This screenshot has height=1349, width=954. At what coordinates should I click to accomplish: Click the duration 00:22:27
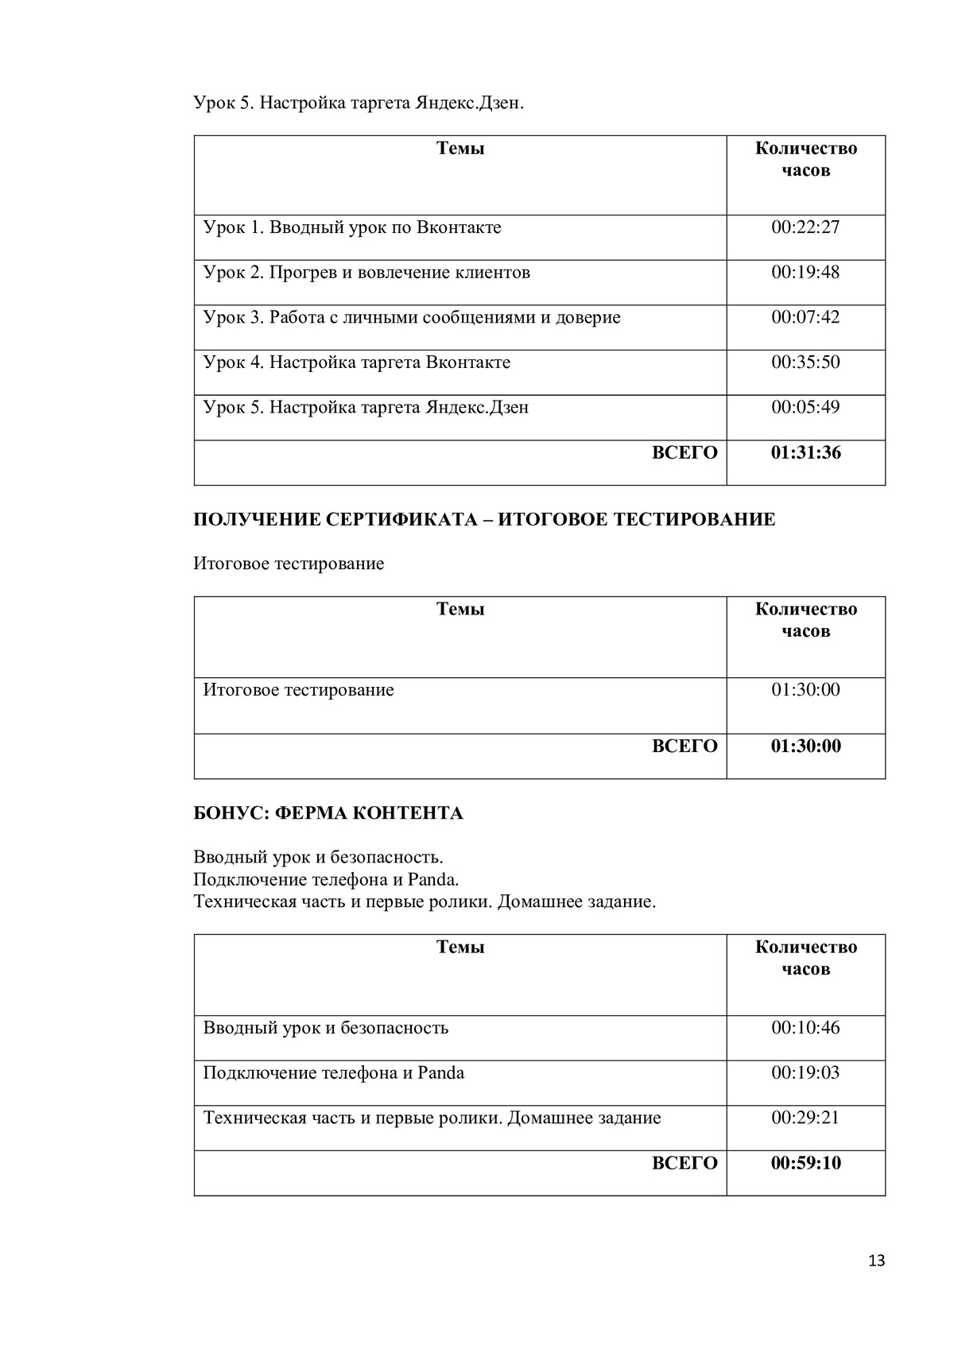tap(805, 227)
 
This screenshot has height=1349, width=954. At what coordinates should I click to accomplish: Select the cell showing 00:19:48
tap(805, 273)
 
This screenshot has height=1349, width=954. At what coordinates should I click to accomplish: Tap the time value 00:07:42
tap(805, 317)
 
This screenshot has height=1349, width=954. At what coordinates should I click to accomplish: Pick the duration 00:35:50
tap(805, 362)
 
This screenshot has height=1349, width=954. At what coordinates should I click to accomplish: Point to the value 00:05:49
tap(805, 408)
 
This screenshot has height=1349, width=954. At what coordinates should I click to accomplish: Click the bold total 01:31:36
tap(805, 453)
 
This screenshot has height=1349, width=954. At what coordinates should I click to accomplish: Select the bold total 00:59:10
tap(805, 1164)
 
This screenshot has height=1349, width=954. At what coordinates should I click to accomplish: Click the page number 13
tap(877, 1261)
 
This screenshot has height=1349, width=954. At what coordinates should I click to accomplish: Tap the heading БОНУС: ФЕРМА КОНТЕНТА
tap(328, 813)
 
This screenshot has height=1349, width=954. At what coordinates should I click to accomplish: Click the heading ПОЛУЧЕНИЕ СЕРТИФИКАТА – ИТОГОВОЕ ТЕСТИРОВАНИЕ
tap(484, 520)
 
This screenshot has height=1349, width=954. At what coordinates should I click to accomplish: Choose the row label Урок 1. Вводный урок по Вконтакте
tap(352, 227)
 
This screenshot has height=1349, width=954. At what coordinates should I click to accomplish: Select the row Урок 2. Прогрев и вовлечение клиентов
tap(366, 273)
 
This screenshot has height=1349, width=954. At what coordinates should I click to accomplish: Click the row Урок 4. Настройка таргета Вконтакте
tap(357, 362)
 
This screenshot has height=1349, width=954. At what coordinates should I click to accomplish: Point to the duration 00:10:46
tap(805, 1028)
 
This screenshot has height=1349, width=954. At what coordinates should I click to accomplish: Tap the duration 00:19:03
tap(805, 1073)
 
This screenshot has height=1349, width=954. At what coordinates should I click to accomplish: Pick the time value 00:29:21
tap(805, 1118)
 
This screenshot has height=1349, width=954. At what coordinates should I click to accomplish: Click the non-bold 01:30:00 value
tap(805, 690)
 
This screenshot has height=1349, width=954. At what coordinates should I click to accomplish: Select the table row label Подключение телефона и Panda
tap(334, 1073)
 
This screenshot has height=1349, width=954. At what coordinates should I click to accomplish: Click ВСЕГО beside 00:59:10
tap(684, 1164)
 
